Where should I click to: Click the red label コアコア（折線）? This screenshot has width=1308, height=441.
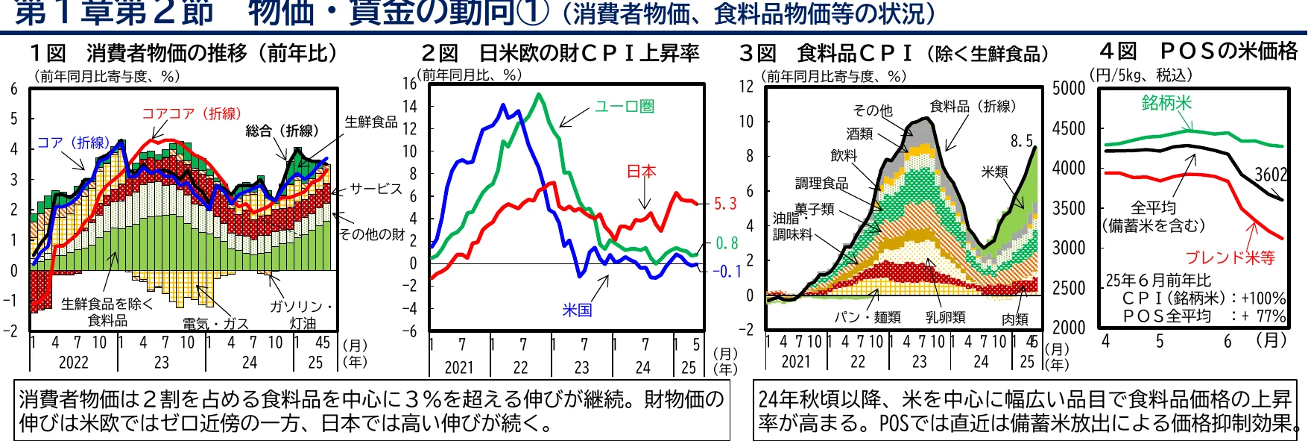click(192, 113)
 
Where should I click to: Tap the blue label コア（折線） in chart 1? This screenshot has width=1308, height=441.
click(73, 143)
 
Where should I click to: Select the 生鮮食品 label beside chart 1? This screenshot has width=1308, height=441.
click(371, 122)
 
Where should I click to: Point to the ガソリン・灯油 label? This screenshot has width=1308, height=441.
click(302, 314)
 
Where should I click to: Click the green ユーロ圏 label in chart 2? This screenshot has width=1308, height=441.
click(625, 107)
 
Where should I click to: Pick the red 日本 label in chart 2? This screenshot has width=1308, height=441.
click(641, 172)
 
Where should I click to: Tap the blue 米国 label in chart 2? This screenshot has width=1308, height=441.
click(577, 310)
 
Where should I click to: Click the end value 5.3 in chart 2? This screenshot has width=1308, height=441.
click(725, 204)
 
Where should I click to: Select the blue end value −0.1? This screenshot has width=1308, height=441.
click(726, 272)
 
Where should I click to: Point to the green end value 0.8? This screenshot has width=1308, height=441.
click(727, 243)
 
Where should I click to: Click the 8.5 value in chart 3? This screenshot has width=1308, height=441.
click(1022, 141)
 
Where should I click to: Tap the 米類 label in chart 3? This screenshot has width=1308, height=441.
click(995, 172)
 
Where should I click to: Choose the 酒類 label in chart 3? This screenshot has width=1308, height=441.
click(859, 134)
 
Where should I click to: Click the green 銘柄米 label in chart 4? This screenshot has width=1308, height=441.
click(1166, 103)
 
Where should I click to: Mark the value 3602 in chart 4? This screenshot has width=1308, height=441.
click(1271, 175)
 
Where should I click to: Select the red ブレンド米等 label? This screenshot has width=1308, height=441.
click(1230, 257)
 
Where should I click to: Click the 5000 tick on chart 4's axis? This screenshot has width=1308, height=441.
click(1069, 89)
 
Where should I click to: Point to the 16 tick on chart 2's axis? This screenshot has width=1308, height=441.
click(410, 84)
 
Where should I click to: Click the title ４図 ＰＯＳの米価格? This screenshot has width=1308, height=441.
click(1198, 51)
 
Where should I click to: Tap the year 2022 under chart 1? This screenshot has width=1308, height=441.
click(73, 363)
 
